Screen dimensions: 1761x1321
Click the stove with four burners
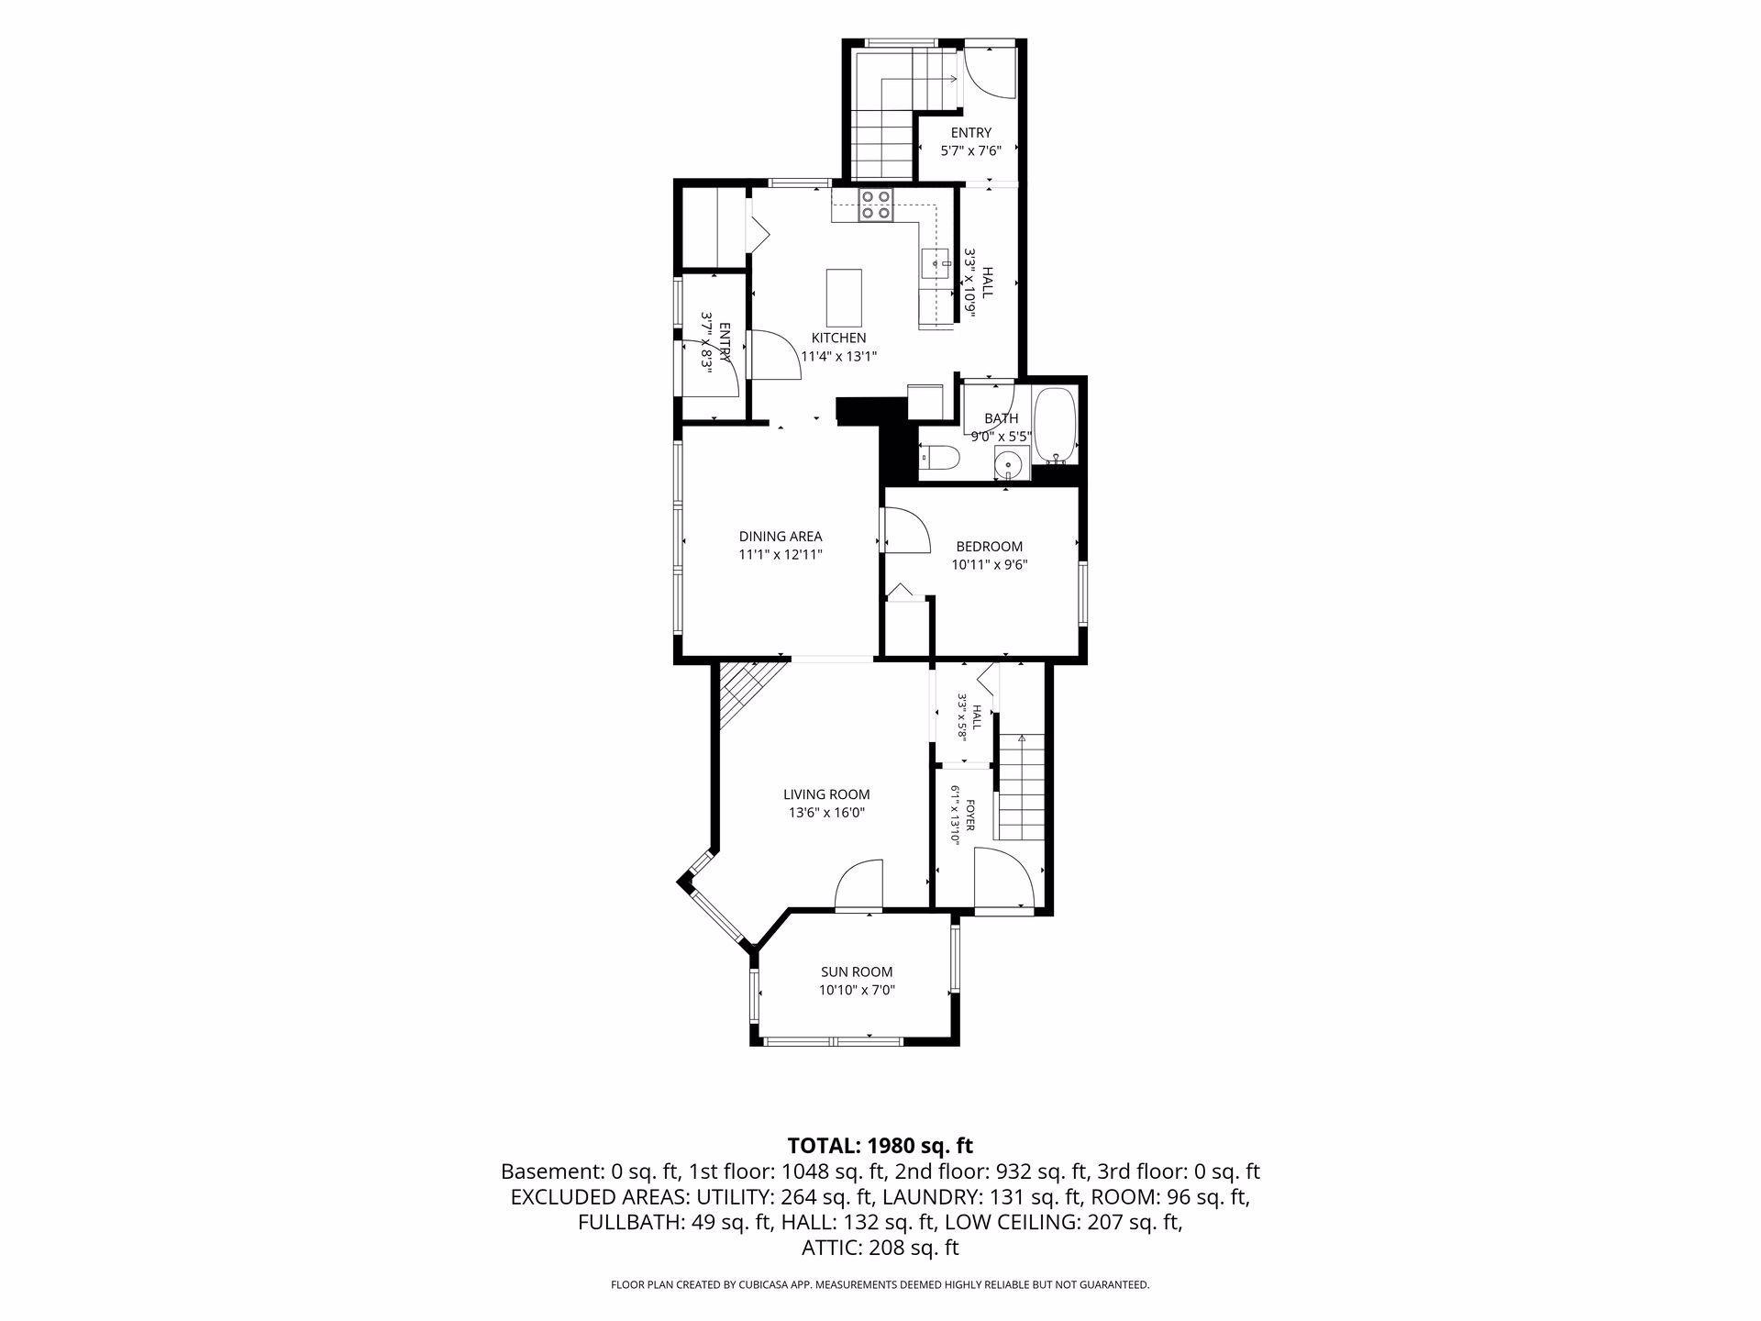tap(876, 204)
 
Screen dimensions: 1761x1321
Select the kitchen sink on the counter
tap(935, 263)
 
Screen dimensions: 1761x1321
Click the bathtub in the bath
tap(1055, 427)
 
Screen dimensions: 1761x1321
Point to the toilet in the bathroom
tap(938, 456)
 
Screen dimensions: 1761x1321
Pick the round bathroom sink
tap(1011, 464)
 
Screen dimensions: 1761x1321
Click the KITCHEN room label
tap(838, 338)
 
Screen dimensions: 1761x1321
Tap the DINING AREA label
tap(781, 536)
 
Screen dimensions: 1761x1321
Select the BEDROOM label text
tap(989, 546)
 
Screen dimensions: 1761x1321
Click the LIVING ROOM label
tap(826, 794)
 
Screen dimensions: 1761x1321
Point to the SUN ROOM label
tap(857, 972)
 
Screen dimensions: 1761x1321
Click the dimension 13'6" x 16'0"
tap(826, 813)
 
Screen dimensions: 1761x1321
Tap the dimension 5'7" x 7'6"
tap(970, 150)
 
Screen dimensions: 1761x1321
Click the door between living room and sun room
tap(858, 884)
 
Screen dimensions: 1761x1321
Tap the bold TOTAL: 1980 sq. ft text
tap(880, 1146)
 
